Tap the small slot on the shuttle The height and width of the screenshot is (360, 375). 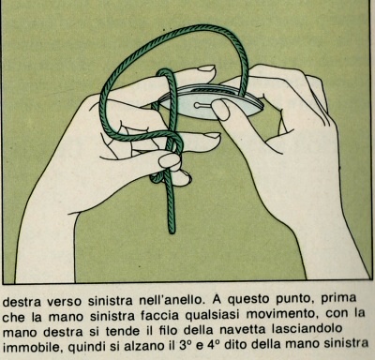pyautogui.click(x=202, y=105)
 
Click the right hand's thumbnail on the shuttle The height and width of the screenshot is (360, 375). pyautogui.click(x=220, y=110)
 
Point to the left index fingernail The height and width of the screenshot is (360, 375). pyautogui.click(x=207, y=68)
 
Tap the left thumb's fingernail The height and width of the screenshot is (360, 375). pyautogui.click(x=170, y=160)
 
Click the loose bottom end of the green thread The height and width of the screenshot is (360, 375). pyautogui.click(x=172, y=232)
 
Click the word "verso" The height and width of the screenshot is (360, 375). pyautogui.click(x=66, y=302)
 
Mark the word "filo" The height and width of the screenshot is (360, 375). pyautogui.click(x=172, y=331)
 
